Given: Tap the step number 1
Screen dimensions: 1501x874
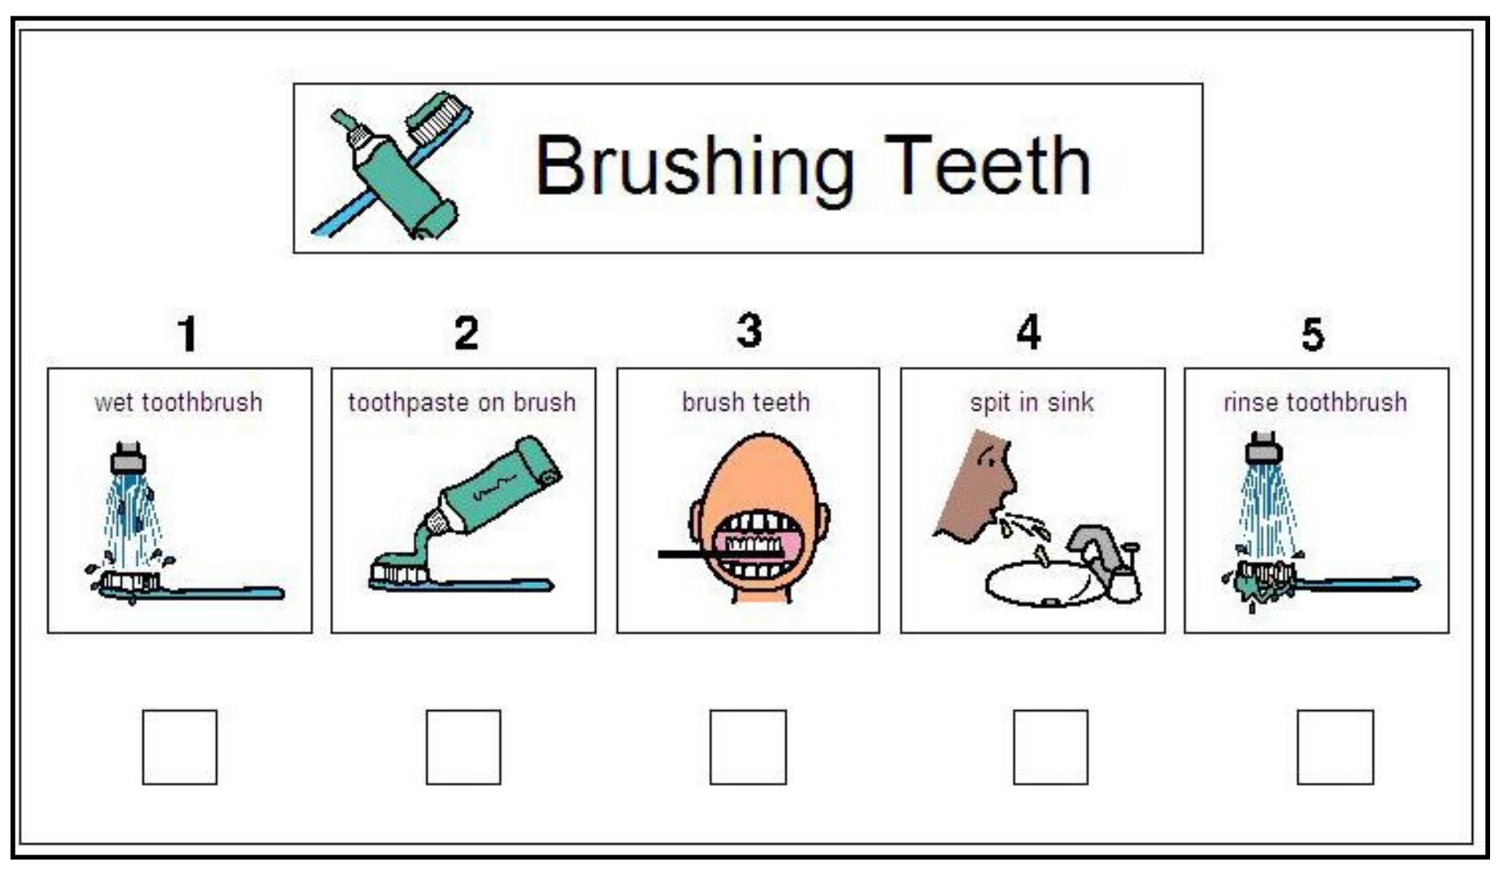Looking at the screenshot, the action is click(x=187, y=333).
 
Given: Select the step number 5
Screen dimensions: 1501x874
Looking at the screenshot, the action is click(x=1313, y=334).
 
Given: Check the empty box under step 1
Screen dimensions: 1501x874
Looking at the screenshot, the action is click(x=179, y=747).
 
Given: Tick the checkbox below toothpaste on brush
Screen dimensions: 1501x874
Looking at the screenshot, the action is click(x=463, y=747).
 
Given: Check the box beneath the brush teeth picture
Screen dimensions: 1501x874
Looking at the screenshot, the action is click(x=748, y=747).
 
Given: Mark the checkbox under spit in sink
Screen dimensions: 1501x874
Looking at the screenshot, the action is click(x=1051, y=747).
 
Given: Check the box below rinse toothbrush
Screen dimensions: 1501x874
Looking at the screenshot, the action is click(x=1336, y=747).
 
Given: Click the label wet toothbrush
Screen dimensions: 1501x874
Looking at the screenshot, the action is click(x=179, y=403).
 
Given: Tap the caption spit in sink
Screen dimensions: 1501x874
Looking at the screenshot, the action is click(x=1032, y=403).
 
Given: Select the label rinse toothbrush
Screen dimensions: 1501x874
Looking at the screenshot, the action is click(x=1315, y=403).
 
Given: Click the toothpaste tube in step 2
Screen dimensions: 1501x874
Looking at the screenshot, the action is click(x=488, y=492).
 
